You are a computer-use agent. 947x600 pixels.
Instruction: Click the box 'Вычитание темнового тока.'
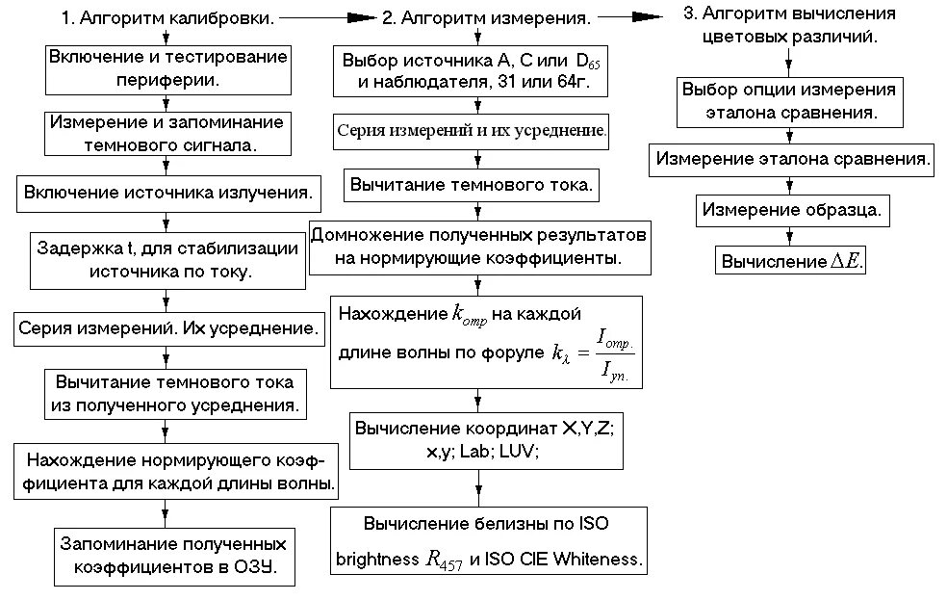coord(471,184)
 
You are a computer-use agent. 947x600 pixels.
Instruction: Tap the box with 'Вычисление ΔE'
coord(790,260)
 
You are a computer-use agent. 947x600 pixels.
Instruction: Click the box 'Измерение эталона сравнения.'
coord(792,159)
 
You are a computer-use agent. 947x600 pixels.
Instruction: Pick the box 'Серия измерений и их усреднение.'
coord(471,129)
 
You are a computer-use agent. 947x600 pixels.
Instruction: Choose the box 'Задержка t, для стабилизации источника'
coord(169,260)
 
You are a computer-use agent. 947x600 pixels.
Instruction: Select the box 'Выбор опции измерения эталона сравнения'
coord(789,101)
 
